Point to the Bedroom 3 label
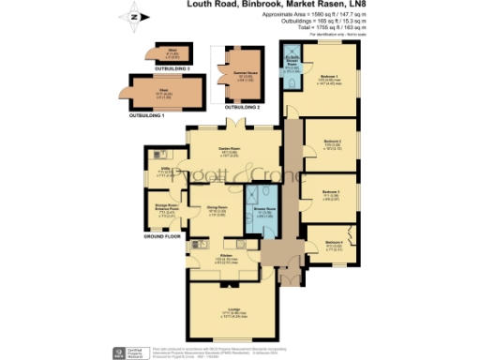point(329,192)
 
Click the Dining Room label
point(217,208)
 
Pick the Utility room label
point(166,169)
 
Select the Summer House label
point(232,74)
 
